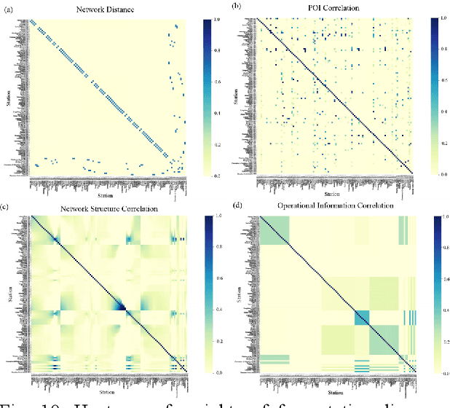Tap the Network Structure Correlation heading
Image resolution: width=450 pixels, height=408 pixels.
[x=109, y=208]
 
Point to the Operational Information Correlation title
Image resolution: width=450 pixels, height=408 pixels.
[x=336, y=206]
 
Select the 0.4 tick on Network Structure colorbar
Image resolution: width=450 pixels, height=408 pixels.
[x=211, y=310]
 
